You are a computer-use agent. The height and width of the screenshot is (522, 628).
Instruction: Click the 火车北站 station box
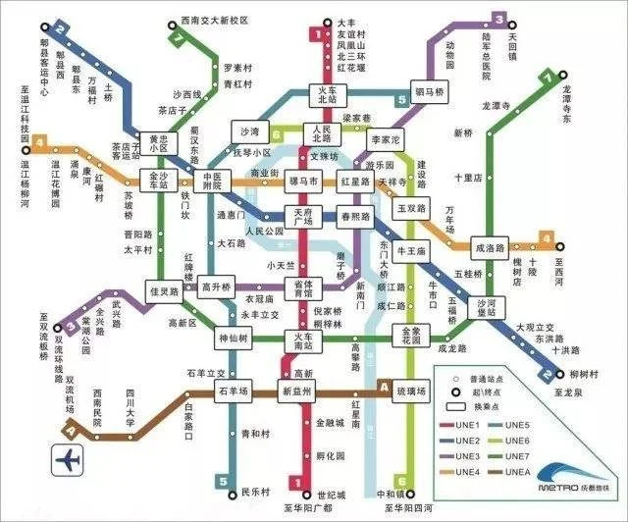coord(325,95)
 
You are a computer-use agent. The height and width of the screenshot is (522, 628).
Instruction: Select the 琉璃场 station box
coord(412,391)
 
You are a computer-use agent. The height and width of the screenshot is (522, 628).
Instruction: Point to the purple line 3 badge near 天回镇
coord(499,19)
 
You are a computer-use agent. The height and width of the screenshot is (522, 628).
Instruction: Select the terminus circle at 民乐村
coord(224,481)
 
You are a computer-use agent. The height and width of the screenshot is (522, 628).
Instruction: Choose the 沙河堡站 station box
coord(487,306)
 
